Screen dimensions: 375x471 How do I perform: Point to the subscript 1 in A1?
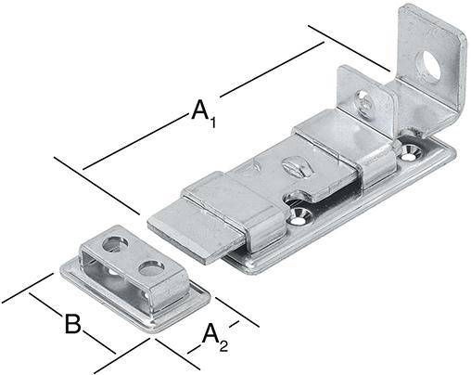(x=212, y=119)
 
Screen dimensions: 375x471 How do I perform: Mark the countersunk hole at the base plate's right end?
(x=411, y=146)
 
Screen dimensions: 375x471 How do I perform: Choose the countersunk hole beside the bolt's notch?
(x=299, y=215)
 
